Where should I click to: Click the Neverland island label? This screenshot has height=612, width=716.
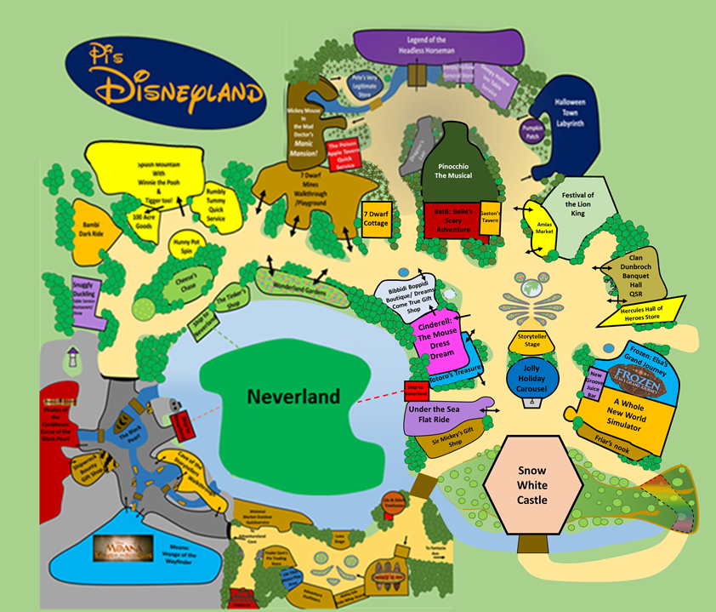click(293, 396)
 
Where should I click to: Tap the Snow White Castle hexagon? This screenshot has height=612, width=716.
click(533, 486)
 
